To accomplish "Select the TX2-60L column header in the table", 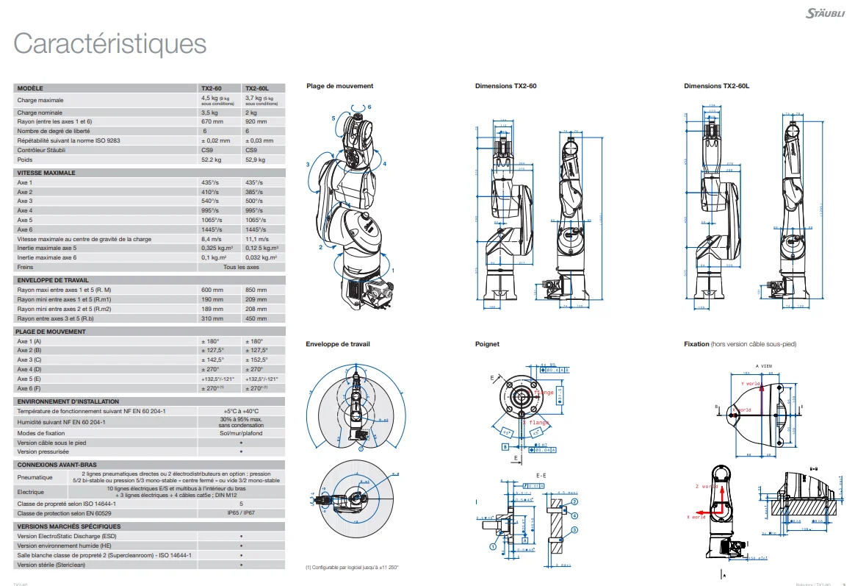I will [x=257, y=87].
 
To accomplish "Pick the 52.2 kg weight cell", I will [x=212, y=160].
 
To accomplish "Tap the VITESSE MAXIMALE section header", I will [x=46, y=173].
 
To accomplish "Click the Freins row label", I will [x=26, y=267].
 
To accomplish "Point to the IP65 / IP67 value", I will [x=242, y=513].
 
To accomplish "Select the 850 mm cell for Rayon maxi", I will [x=256, y=290].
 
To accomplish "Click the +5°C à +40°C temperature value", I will [x=242, y=411].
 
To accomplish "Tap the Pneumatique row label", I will [x=35, y=477].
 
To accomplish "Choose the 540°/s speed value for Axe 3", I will [x=209, y=201].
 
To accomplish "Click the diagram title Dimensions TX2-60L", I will [x=716, y=86].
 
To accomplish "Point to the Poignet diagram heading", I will [x=487, y=343].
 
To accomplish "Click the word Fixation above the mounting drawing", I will [x=696, y=343].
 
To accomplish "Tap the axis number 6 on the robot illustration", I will [x=369, y=107].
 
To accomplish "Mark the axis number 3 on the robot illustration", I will [x=308, y=165].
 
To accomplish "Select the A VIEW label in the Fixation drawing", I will [x=762, y=365].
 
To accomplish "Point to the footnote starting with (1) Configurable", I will [x=352, y=567].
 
